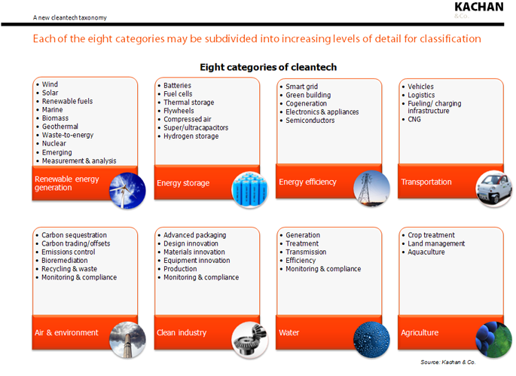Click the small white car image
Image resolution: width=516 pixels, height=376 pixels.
[x=493, y=186]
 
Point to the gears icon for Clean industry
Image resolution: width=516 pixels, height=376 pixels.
[x=249, y=337]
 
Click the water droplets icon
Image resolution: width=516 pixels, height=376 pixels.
[x=371, y=337]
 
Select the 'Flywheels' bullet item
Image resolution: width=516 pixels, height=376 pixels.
[x=179, y=111]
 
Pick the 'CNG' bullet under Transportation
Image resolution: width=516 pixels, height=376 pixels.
[x=414, y=119]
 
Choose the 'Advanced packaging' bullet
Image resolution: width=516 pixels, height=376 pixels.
[x=194, y=236]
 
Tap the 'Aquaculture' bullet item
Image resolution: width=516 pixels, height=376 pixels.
[x=426, y=252]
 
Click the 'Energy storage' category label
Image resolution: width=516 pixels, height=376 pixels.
[x=183, y=182]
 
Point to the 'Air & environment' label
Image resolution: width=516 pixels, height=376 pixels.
[x=66, y=332]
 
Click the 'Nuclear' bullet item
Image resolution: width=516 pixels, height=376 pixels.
[x=54, y=144]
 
